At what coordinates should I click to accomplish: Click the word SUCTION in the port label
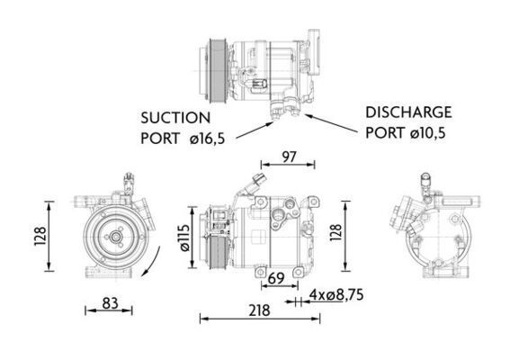(x=175, y=117)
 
